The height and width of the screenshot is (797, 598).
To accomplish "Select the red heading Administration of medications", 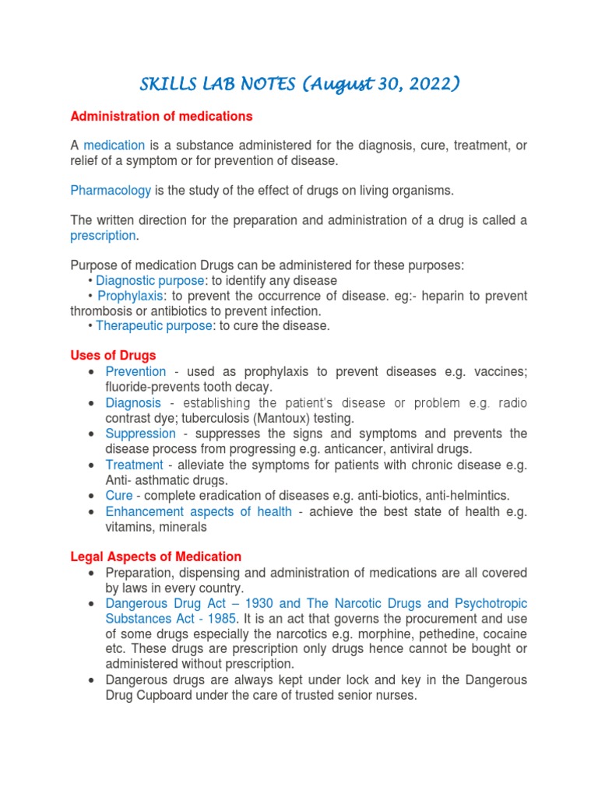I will pos(161,116).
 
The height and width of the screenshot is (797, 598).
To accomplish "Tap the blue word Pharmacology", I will pos(111,190).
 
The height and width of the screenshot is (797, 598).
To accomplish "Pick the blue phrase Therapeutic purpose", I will pos(153,325).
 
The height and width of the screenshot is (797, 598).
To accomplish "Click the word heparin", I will pos(430,296).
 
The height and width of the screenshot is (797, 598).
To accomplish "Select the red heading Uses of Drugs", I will pos(113,356).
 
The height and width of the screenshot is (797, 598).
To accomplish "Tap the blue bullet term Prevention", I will pos(135,371).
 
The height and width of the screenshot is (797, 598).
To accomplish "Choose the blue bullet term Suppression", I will pos(140,433).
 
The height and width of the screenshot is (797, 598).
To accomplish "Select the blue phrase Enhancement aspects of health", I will pos(199,511).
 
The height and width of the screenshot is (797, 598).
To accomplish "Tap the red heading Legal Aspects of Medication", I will pos(156,556).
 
